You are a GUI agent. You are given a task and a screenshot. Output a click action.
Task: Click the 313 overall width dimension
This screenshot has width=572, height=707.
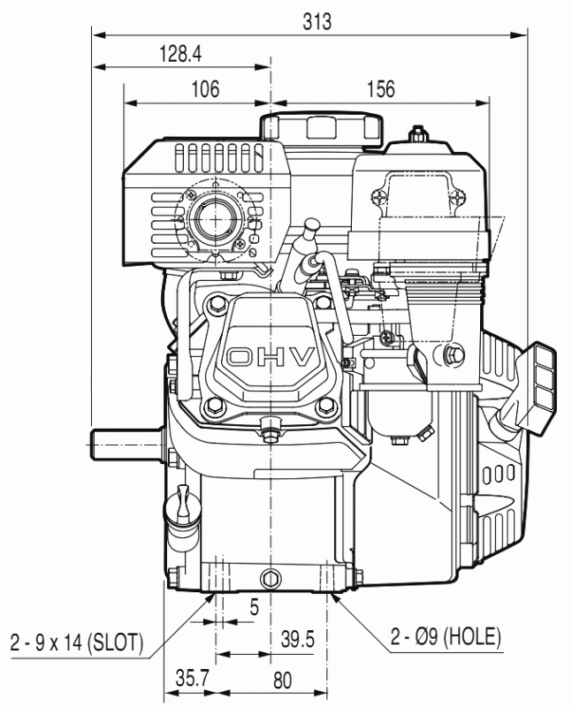317,21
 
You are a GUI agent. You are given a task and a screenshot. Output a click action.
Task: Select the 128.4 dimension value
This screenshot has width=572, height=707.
180,54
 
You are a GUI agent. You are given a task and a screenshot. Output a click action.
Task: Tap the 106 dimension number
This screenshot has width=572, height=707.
206,89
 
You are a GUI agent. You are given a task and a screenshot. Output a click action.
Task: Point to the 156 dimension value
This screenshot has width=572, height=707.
381,89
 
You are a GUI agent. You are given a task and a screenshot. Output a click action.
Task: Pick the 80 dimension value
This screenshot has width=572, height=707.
282,680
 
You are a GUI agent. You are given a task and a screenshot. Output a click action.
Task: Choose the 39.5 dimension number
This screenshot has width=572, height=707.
297,639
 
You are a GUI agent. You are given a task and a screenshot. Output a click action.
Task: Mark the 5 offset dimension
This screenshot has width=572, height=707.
255,607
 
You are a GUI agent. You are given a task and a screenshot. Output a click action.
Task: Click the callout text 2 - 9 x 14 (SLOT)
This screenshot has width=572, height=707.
77,642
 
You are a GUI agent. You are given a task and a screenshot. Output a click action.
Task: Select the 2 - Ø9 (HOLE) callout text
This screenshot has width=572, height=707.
446,636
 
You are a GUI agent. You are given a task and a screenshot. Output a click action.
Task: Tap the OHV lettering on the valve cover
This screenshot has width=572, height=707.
271,357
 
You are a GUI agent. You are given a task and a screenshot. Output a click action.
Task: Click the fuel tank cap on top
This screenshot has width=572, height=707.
321,128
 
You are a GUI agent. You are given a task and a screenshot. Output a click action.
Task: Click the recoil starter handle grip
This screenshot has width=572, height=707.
538,389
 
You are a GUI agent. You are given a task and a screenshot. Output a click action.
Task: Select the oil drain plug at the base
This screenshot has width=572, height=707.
271,578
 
